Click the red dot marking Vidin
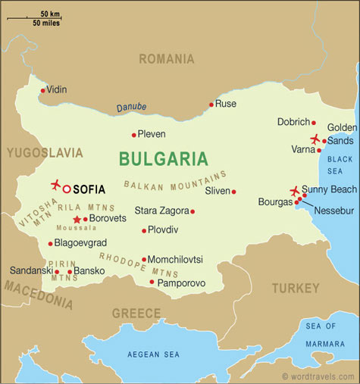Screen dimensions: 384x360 [43, 90]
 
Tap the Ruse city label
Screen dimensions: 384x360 [225, 103]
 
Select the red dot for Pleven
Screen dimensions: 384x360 [134, 136]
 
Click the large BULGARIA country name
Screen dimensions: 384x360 [163, 159]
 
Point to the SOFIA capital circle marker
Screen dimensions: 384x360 [67, 189]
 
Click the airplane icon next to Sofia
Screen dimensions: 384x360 [55, 184]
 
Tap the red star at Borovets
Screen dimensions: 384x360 [77, 218]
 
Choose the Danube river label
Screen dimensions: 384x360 [131, 108]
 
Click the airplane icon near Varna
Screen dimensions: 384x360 [315, 139]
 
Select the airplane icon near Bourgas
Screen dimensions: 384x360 [295, 191]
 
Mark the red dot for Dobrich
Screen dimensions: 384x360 [313, 122]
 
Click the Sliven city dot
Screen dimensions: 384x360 [233, 192]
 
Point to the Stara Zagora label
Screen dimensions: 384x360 [161, 211]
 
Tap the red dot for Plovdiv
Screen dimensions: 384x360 [143, 230]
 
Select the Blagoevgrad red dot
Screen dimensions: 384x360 [50, 244]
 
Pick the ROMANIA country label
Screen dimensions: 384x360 [166, 58]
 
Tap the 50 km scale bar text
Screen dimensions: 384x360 [51, 13]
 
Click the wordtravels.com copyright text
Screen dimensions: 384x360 [318, 376]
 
